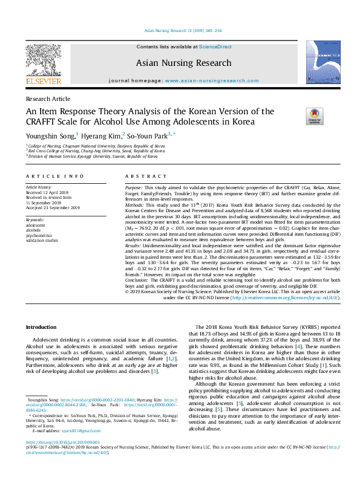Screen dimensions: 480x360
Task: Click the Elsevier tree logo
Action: pyautogui.click(x=43, y=59)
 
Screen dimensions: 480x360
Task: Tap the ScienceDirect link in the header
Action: pyautogui.click(x=215, y=47)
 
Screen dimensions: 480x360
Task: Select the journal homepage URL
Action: pyautogui.click(x=207, y=80)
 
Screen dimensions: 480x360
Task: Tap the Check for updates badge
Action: pyautogui.click(x=315, y=116)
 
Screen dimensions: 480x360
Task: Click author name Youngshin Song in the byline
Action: pyautogui.click(x=50, y=135)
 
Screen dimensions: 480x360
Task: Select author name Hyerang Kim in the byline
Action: pyautogui.click(x=102, y=135)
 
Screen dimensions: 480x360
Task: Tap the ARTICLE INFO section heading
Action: pyautogui.click(x=54, y=176)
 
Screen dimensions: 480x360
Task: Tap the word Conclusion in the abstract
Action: pyautogui.click(x=137, y=281)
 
